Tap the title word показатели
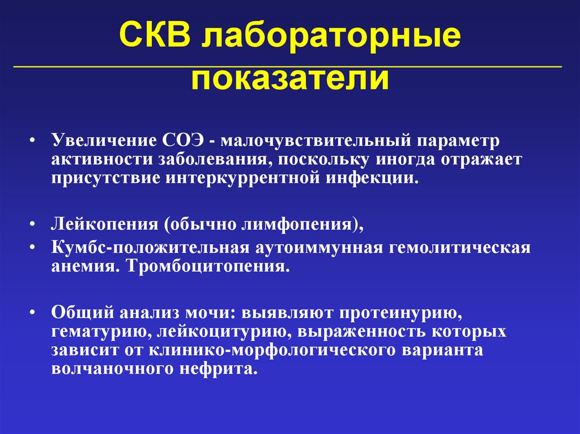[290, 80]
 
